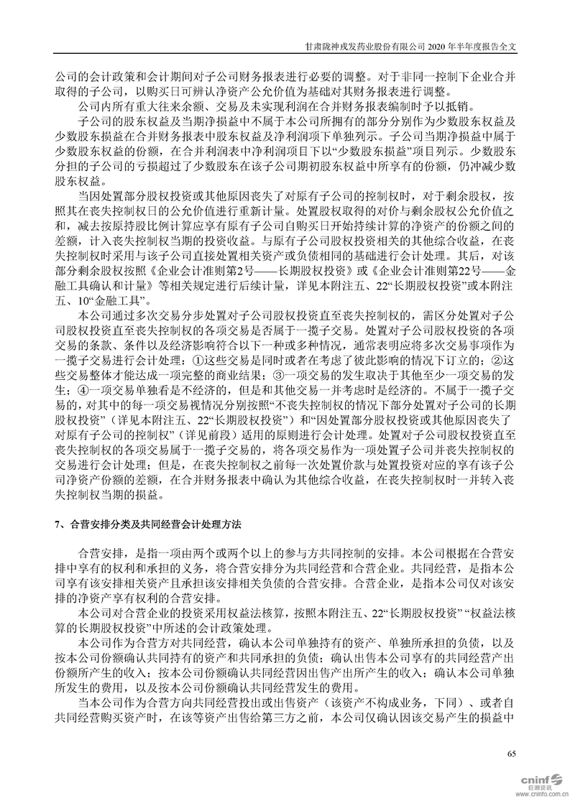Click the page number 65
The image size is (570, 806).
click(511, 754)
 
